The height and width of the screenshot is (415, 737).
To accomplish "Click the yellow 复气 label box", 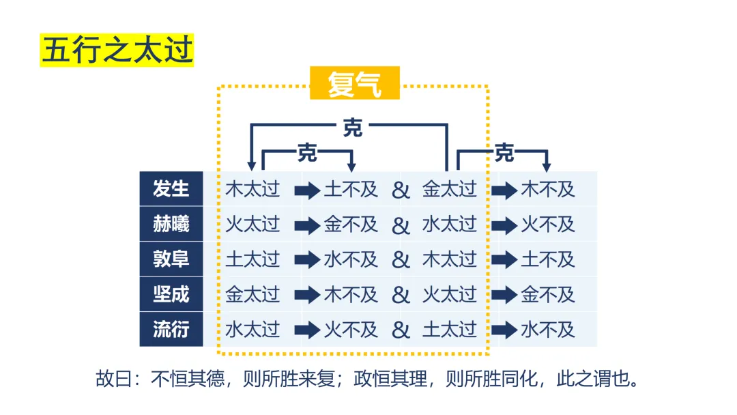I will click(x=354, y=83).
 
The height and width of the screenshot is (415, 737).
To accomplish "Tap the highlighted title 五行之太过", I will click(x=117, y=51).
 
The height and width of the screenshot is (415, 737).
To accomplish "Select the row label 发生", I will click(x=171, y=189).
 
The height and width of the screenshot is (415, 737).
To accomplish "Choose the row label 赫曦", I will click(x=171, y=225).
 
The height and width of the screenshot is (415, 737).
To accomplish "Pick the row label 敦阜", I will click(x=171, y=259).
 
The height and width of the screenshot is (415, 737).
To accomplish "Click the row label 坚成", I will click(x=171, y=295).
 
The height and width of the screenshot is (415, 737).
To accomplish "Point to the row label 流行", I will click(x=171, y=330).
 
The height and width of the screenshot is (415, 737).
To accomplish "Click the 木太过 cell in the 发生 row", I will click(x=252, y=189).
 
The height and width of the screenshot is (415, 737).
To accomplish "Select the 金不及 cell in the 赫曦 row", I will click(x=351, y=225).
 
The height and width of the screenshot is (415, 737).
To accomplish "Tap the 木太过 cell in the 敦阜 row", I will click(x=449, y=259).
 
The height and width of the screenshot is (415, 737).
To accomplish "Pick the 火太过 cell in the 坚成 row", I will click(x=449, y=295).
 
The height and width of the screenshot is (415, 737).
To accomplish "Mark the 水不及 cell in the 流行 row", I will click(x=548, y=330).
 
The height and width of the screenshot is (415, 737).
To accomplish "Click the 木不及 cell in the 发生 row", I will click(x=548, y=189).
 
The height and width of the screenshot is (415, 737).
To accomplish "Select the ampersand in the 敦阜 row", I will click(x=401, y=260).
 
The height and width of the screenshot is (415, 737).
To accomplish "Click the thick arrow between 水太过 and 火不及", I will click(x=307, y=330).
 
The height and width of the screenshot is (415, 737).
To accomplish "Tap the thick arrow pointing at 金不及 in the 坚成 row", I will click(x=504, y=295).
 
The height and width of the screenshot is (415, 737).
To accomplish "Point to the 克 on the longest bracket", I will click(x=352, y=128).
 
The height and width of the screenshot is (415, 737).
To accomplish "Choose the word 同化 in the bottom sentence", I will click(x=523, y=379).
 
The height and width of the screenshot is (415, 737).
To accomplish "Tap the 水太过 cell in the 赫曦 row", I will click(x=449, y=225).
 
